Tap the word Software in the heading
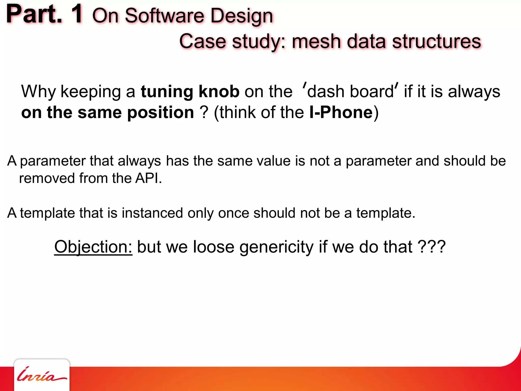pos(164,16)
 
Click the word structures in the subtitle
pos(437,41)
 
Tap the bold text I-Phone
pos(341,112)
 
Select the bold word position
pos(161,113)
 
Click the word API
pos(148,178)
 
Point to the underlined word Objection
pos(93,247)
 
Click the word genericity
pos(277,247)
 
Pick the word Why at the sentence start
pos(38,92)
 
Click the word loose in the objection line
pos(213,247)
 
